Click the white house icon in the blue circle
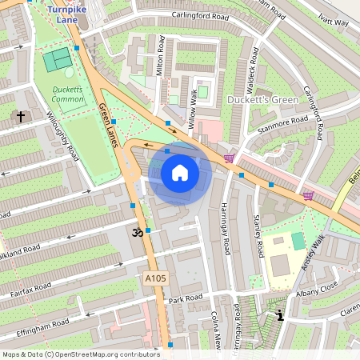point(180,172)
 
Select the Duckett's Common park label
point(68,94)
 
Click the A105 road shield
point(155,278)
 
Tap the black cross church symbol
point(20,117)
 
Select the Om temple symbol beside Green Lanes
point(135,233)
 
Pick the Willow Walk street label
point(192,110)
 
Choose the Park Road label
point(186,298)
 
